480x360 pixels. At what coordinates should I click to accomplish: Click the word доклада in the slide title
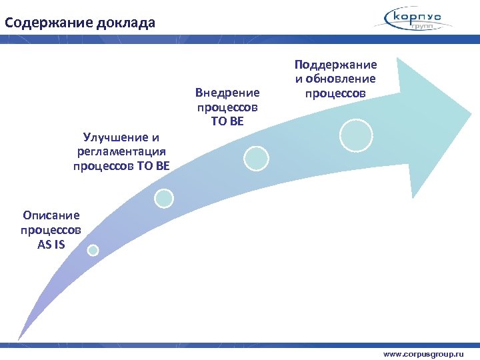tap(126, 23)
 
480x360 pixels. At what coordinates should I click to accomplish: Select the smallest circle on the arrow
tap(93, 250)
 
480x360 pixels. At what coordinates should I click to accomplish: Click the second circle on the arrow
tap(164, 198)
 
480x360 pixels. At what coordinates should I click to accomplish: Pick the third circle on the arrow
tap(255, 158)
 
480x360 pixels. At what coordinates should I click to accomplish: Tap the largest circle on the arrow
tap(356, 135)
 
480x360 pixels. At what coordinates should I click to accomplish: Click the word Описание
tap(51, 215)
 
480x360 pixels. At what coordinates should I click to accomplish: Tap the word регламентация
tap(121, 152)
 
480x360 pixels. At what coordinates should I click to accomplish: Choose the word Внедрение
tap(227, 93)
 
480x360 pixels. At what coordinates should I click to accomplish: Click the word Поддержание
tap(335, 65)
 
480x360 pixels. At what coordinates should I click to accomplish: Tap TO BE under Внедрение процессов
tap(227, 121)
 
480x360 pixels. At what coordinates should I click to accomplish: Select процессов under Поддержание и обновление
tap(335, 93)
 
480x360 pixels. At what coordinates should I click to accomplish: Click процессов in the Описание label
tap(51, 229)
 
